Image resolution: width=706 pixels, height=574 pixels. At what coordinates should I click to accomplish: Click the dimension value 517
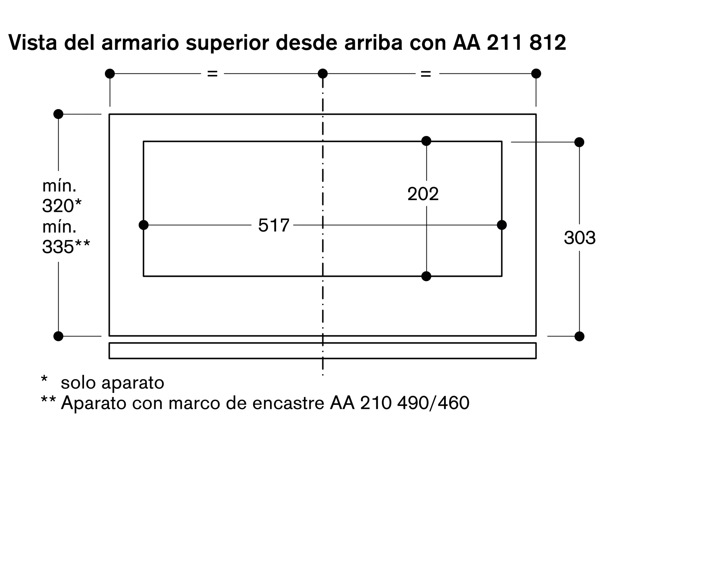tap(274, 225)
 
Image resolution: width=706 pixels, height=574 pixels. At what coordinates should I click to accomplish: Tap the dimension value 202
tap(423, 194)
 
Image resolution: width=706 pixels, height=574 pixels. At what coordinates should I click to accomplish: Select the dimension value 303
tap(580, 238)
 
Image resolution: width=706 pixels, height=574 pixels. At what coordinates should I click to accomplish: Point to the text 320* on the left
tap(62, 206)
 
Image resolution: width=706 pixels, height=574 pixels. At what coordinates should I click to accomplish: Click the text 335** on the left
tap(66, 247)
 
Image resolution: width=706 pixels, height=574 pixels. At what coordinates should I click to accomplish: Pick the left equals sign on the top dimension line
tap(212, 74)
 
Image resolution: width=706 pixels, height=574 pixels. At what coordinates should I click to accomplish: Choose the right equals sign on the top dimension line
tap(426, 74)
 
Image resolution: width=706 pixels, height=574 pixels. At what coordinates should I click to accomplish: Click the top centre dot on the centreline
tap(323, 74)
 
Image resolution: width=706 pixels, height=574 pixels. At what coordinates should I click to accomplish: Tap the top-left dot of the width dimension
tap(110, 74)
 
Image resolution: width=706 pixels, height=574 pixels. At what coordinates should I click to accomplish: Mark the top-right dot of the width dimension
tap(536, 74)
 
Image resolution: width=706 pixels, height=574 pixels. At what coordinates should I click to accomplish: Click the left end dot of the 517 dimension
tap(144, 225)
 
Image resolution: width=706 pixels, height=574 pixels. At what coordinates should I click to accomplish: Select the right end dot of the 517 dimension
tap(502, 225)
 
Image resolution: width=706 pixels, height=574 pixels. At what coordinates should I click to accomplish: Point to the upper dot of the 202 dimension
tap(426, 141)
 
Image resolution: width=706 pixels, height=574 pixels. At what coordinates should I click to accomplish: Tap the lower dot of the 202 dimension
tap(426, 276)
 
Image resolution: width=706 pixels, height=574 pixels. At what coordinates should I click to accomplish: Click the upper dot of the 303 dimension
tap(579, 142)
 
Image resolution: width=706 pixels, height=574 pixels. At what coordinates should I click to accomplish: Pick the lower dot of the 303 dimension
tap(579, 336)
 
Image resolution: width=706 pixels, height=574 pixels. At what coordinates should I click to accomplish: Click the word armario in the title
tap(140, 43)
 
